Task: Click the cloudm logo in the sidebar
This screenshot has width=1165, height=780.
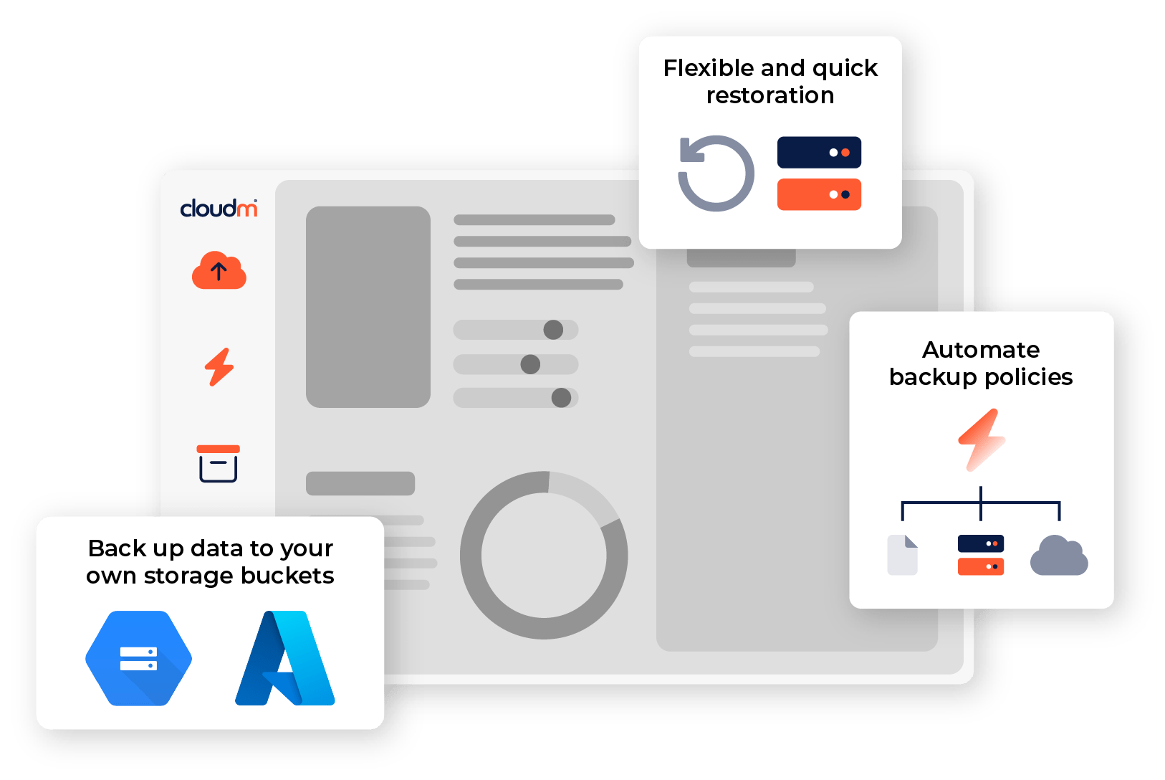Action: pos(219,209)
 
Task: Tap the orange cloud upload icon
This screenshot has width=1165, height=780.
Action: pos(219,270)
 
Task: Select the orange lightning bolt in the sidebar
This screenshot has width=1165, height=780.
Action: pos(219,367)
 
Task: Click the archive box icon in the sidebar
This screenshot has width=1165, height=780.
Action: pos(219,463)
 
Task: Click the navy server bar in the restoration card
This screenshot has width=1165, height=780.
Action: pos(819,152)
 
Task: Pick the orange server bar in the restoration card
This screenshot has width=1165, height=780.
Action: pos(819,194)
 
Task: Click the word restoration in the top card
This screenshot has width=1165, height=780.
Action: pos(770,95)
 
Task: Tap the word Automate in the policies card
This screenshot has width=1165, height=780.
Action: pos(980,350)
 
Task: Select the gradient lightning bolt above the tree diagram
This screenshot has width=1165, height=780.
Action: pos(982,439)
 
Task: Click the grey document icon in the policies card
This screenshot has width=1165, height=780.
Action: pos(902,555)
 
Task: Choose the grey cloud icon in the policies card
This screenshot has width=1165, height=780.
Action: pos(1058,556)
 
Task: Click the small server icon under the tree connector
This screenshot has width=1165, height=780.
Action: pos(980,555)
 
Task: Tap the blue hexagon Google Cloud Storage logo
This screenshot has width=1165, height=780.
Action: pos(138,658)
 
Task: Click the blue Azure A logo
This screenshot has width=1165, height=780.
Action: pos(285,658)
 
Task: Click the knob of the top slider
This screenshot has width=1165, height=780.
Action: pos(553,330)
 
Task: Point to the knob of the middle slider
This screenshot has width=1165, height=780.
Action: pos(530,364)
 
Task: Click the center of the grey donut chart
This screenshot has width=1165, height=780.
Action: pos(544,555)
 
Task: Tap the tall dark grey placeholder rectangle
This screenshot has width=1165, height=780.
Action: pos(368,307)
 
